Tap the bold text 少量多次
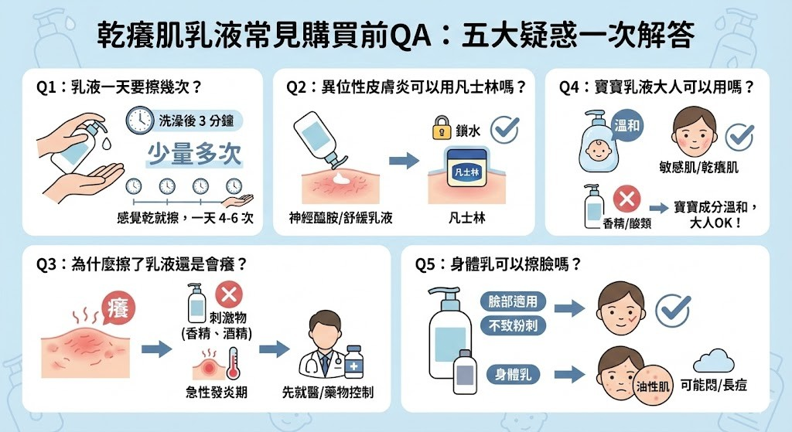tap(195, 154)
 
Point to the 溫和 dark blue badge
tap(626, 125)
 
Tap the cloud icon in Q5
tap(713, 361)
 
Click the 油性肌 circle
tap(651, 384)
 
